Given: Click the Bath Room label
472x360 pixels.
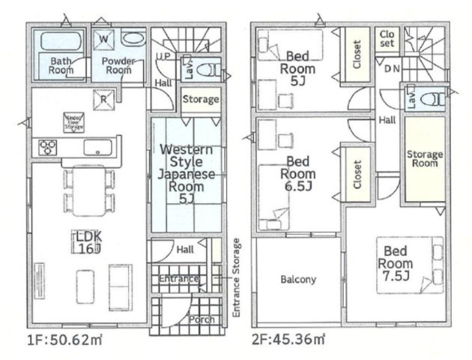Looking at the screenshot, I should (61, 65).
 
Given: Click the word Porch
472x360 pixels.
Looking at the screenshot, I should (202, 319).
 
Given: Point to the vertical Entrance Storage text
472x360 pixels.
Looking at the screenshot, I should (237, 278).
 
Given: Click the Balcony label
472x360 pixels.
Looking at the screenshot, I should (298, 280).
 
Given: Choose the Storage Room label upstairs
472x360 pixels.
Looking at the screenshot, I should (425, 159).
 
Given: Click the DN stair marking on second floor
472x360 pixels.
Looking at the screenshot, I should (391, 68).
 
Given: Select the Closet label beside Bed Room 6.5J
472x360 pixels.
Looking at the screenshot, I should (357, 173).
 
